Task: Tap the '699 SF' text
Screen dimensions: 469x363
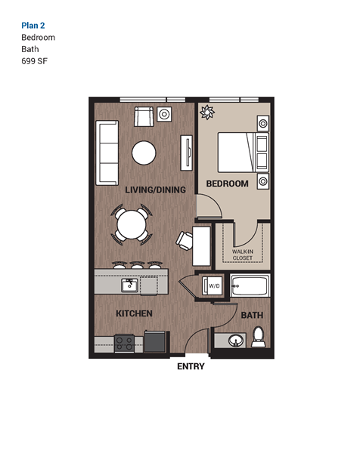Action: [x=36, y=60]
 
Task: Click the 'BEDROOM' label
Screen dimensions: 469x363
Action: [x=227, y=184]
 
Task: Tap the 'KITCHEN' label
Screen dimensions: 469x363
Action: [x=134, y=313]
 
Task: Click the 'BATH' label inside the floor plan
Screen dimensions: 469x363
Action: [x=251, y=316]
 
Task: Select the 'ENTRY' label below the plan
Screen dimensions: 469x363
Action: [x=191, y=367]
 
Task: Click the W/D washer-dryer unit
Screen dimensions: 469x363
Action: [x=213, y=285]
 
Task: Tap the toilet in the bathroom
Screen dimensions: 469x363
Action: [x=257, y=336]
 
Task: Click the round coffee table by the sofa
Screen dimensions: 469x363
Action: [x=144, y=153]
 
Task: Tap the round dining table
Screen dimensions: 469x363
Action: [x=132, y=224]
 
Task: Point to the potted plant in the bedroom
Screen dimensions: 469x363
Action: [x=206, y=113]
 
